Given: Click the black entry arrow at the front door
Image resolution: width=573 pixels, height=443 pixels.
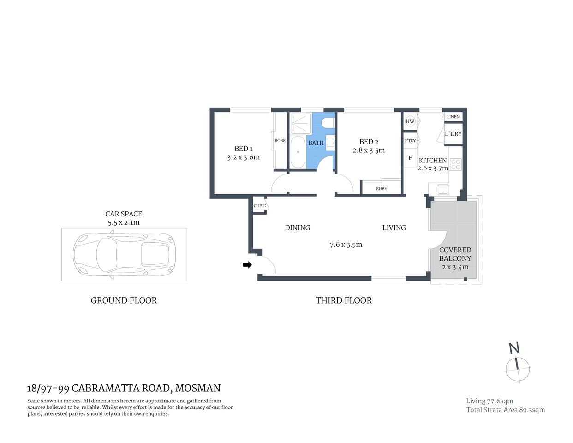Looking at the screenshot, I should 247,265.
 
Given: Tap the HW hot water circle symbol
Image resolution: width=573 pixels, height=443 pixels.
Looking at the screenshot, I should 410,121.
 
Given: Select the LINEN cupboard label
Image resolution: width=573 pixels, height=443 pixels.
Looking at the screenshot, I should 453,117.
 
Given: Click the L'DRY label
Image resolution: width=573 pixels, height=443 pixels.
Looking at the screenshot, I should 453,134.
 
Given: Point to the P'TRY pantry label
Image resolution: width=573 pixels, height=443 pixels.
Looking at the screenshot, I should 410,141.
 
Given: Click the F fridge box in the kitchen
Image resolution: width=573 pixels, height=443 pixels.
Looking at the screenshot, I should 410,158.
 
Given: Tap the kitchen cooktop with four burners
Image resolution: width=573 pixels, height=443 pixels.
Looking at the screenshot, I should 455,164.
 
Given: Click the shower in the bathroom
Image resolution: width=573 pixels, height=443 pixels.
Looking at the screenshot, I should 301,123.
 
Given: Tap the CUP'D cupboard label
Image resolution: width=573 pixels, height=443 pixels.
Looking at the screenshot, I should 260,206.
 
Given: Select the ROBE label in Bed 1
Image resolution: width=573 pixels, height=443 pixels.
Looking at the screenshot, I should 280,141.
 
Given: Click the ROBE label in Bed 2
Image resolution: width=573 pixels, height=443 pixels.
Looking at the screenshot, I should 381,188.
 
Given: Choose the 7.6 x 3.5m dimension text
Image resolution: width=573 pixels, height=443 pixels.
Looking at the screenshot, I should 346,245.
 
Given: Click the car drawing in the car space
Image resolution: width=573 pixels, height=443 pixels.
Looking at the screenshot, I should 124,254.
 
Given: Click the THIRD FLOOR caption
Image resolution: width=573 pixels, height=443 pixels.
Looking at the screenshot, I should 344,300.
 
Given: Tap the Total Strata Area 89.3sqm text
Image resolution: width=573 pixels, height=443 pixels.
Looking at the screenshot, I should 505,410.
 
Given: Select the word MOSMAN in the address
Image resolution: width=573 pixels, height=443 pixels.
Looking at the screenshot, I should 198,388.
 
